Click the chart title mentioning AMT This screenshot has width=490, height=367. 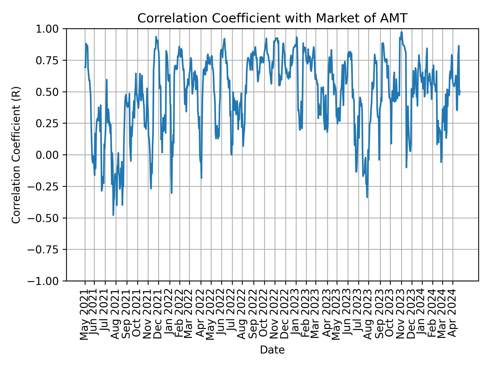272,18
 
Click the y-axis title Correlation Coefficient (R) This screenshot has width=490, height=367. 16,155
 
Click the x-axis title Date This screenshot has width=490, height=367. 272,350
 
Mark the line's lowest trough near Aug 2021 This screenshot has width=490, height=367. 113,215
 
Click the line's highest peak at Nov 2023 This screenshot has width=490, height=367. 401,32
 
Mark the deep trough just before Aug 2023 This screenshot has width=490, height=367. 367,197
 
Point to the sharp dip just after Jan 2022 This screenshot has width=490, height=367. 171,193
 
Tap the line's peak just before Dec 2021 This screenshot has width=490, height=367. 156,37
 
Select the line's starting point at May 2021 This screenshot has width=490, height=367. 85,67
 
